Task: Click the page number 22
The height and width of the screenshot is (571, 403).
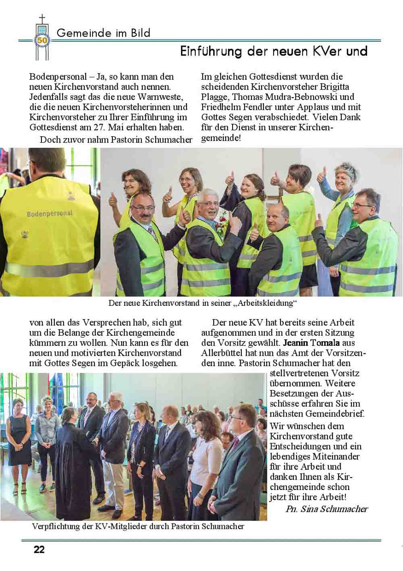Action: (39, 549)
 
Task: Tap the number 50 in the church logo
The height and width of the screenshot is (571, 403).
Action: (42, 40)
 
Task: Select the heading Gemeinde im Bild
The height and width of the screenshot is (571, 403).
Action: (104, 33)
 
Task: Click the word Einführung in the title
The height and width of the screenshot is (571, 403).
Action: (211, 52)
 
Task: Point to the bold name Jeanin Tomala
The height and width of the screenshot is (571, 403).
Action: (312, 343)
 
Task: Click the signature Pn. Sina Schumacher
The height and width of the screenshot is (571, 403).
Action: (326, 509)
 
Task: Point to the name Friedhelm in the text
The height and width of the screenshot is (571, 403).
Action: (220, 107)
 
